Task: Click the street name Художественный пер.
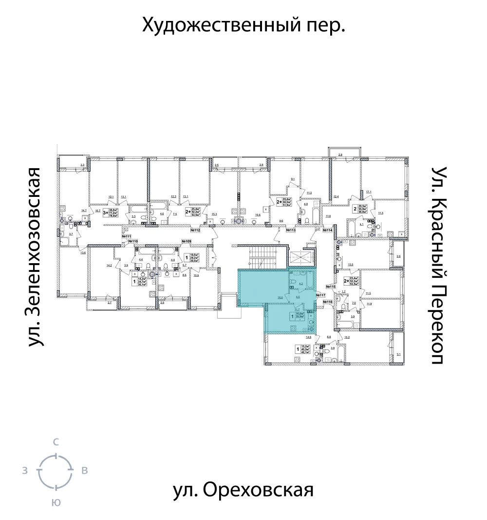click(x=243, y=25)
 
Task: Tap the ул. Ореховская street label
click(x=243, y=490)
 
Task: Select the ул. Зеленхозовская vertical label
click(x=34, y=257)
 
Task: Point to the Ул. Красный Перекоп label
click(x=440, y=266)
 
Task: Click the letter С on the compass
click(x=56, y=442)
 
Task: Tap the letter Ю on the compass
click(x=56, y=503)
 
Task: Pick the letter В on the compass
click(x=84, y=471)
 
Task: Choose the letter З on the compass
click(x=24, y=471)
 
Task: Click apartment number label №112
click(x=196, y=231)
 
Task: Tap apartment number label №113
click(x=292, y=231)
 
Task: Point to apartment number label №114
click(x=326, y=231)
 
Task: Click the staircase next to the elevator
click(x=262, y=257)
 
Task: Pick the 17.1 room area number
click(x=369, y=192)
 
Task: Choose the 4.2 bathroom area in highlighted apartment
click(x=300, y=283)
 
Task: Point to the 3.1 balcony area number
click(x=398, y=355)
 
